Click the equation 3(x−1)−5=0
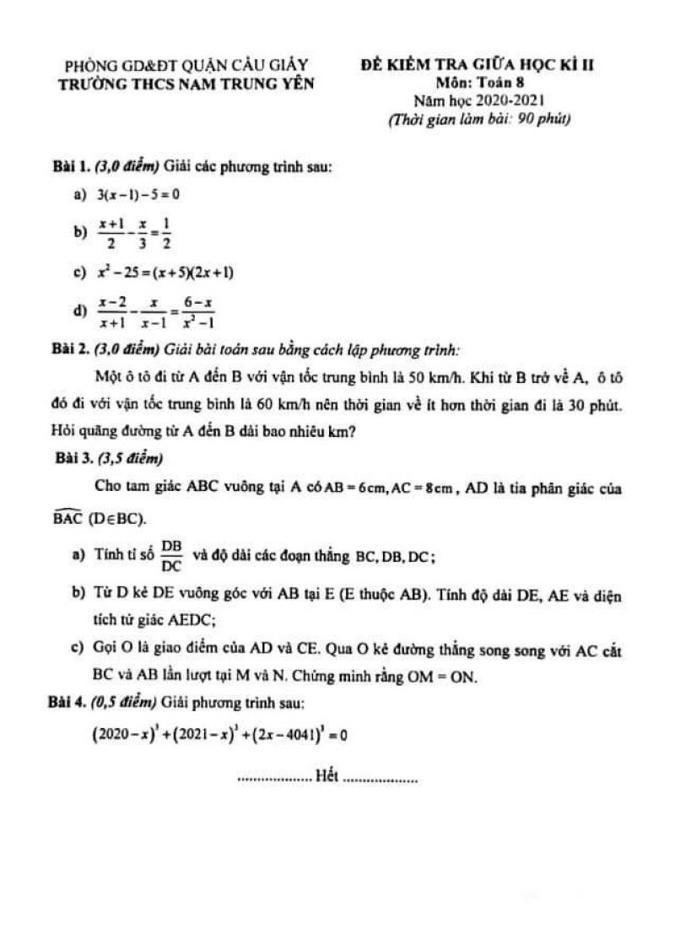138,195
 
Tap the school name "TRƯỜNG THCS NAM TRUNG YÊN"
187,83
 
